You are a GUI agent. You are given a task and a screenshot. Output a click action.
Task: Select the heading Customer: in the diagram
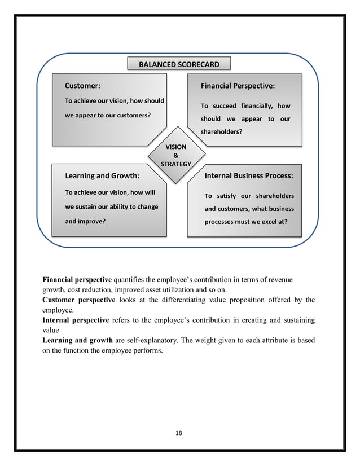click(83, 86)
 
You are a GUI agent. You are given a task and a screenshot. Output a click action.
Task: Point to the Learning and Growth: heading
click(103, 175)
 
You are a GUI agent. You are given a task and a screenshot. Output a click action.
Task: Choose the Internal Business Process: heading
click(248, 175)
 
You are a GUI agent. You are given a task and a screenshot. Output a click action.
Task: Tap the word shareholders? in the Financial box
click(222, 132)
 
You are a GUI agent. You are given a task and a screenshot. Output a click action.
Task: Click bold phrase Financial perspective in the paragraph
click(77, 279)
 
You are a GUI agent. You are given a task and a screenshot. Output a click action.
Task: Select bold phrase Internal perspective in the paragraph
click(76, 320)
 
